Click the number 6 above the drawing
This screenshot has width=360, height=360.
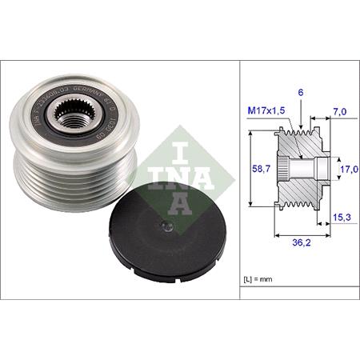(x=301, y=94)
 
